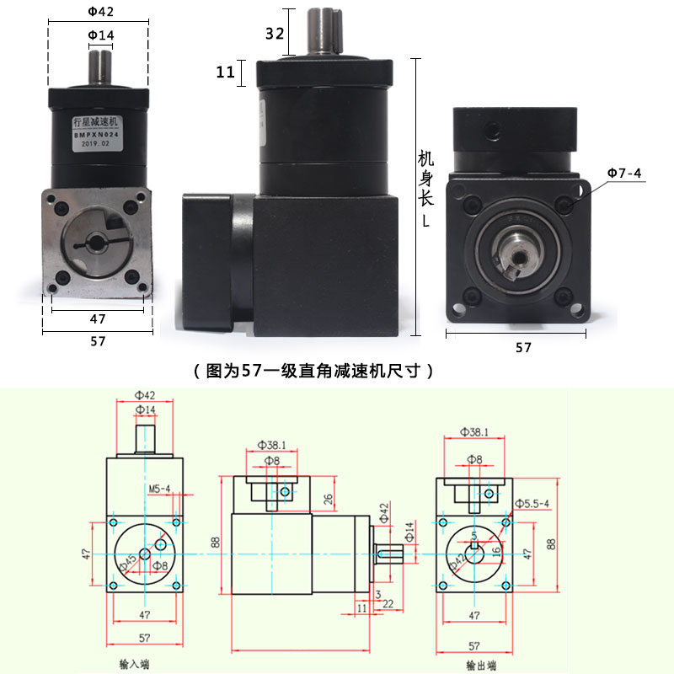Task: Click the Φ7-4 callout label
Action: (x=623, y=174)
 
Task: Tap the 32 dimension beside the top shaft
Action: (x=274, y=34)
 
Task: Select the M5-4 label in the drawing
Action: (x=159, y=489)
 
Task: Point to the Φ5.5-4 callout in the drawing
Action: (x=532, y=504)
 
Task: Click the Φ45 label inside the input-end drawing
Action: (x=130, y=562)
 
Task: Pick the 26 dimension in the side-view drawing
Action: (x=328, y=500)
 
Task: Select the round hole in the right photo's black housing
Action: (x=489, y=132)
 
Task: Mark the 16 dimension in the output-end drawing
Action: (x=496, y=548)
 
